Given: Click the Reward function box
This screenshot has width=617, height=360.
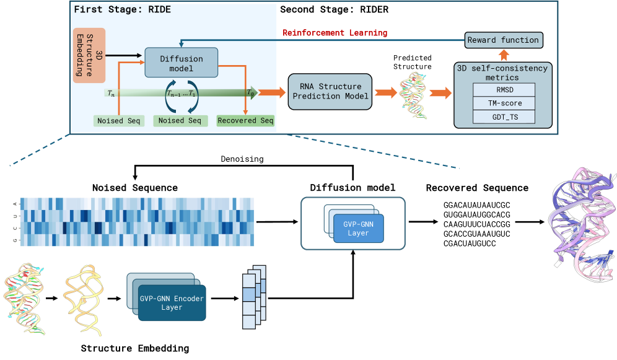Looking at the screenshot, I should pyautogui.click(x=503, y=40).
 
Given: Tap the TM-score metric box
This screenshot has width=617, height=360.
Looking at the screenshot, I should pyautogui.click(x=503, y=103).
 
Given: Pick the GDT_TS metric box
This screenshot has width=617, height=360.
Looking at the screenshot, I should pyautogui.click(x=503, y=116).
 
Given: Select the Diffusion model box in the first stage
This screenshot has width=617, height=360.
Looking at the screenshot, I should pyautogui.click(x=182, y=63).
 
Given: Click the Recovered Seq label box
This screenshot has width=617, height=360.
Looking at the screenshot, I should pyautogui.click(x=245, y=120).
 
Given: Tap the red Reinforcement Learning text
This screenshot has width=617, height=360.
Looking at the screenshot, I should pyautogui.click(x=335, y=32).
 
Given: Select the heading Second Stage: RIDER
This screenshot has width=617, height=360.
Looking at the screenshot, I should pyautogui.click(x=334, y=10).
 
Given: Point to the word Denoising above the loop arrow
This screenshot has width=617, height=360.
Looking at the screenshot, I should pyautogui.click(x=242, y=159).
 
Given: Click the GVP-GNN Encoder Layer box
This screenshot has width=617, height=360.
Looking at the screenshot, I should pyautogui.click(x=171, y=302).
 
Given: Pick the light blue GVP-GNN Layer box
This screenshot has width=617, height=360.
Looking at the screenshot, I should pyautogui.click(x=359, y=228).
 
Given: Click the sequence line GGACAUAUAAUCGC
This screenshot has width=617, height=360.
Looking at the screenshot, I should pyautogui.click(x=476, y=204).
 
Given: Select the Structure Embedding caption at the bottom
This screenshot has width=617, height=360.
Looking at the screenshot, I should pyautogui.click(x=134, y=348).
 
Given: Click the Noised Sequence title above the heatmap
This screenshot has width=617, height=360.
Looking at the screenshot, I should pyautogui.click(x=134, y=188).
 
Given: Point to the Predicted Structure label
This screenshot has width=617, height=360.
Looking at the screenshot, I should pyautogui.click(x=412, y=61).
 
